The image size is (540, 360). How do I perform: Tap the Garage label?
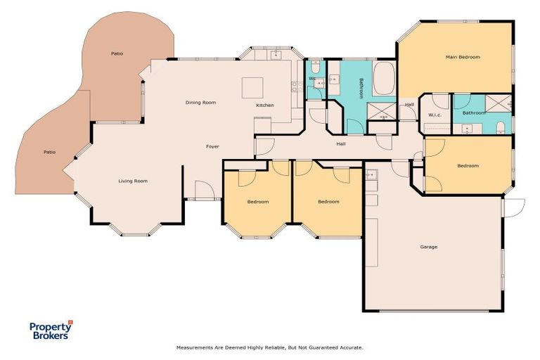(x=428, y=247)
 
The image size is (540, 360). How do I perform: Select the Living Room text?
(x=133, y=181)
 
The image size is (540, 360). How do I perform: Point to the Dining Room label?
(x=200, y=103)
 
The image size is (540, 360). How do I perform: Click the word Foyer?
(x=212, y=146)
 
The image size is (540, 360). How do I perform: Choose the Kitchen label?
(x=265, y=105)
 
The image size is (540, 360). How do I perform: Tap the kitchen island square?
(x=252, y=88)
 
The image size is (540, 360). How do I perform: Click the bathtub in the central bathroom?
(x=384, y=79)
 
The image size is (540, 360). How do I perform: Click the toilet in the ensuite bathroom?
(x=500, y=127)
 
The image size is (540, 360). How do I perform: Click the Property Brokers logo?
(x=50, y=330)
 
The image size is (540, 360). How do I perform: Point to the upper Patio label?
(x=117, y=53)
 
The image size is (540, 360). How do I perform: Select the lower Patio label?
(x=49, y=152)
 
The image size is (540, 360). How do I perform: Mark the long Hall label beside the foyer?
(x=340, y=143)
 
